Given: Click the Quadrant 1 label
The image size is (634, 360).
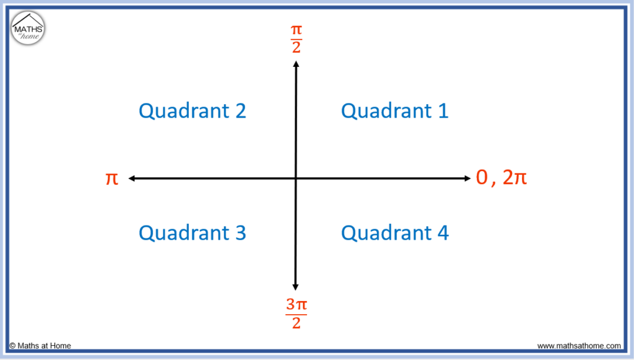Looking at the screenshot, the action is (x=394, y=112).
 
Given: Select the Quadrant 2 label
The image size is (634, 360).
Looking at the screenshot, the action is (x=193, y=112).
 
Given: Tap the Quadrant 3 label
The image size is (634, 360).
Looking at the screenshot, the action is (x=193, y=233).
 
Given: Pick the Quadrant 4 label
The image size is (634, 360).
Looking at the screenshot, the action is (x=394, y=233).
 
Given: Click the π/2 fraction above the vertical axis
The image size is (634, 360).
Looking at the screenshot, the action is (x=297, y=39).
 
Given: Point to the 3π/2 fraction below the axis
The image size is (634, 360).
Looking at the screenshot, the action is (x=297, y=314).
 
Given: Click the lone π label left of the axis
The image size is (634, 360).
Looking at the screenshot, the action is (x=111, y=178).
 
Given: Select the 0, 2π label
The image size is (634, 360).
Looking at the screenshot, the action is (x=502, y=177).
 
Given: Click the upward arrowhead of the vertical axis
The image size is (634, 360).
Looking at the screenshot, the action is (x=297, y=63).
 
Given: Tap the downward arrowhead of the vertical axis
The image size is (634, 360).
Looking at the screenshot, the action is (x=295, y=287).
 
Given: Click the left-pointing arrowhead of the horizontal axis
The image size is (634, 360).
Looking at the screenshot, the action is (x=131, y=178).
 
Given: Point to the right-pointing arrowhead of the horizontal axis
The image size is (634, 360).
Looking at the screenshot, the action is (x=468, y=178).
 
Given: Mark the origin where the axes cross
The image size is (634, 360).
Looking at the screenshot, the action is (x=296, y=178).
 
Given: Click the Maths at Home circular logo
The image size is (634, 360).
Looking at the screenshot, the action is (x=28, y=28).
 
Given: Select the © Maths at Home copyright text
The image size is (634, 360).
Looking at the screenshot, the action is (x=40, y=346).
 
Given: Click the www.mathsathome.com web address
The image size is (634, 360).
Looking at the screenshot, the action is (x=579, y=346).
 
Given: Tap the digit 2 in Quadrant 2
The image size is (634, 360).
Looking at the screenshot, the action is (x=241, y=112).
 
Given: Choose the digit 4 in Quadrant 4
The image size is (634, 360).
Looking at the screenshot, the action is (x=443, y=233).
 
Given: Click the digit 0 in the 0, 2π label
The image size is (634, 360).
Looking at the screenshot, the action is (x=482, y=177).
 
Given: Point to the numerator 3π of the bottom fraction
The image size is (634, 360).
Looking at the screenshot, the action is (x=297, y=305).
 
